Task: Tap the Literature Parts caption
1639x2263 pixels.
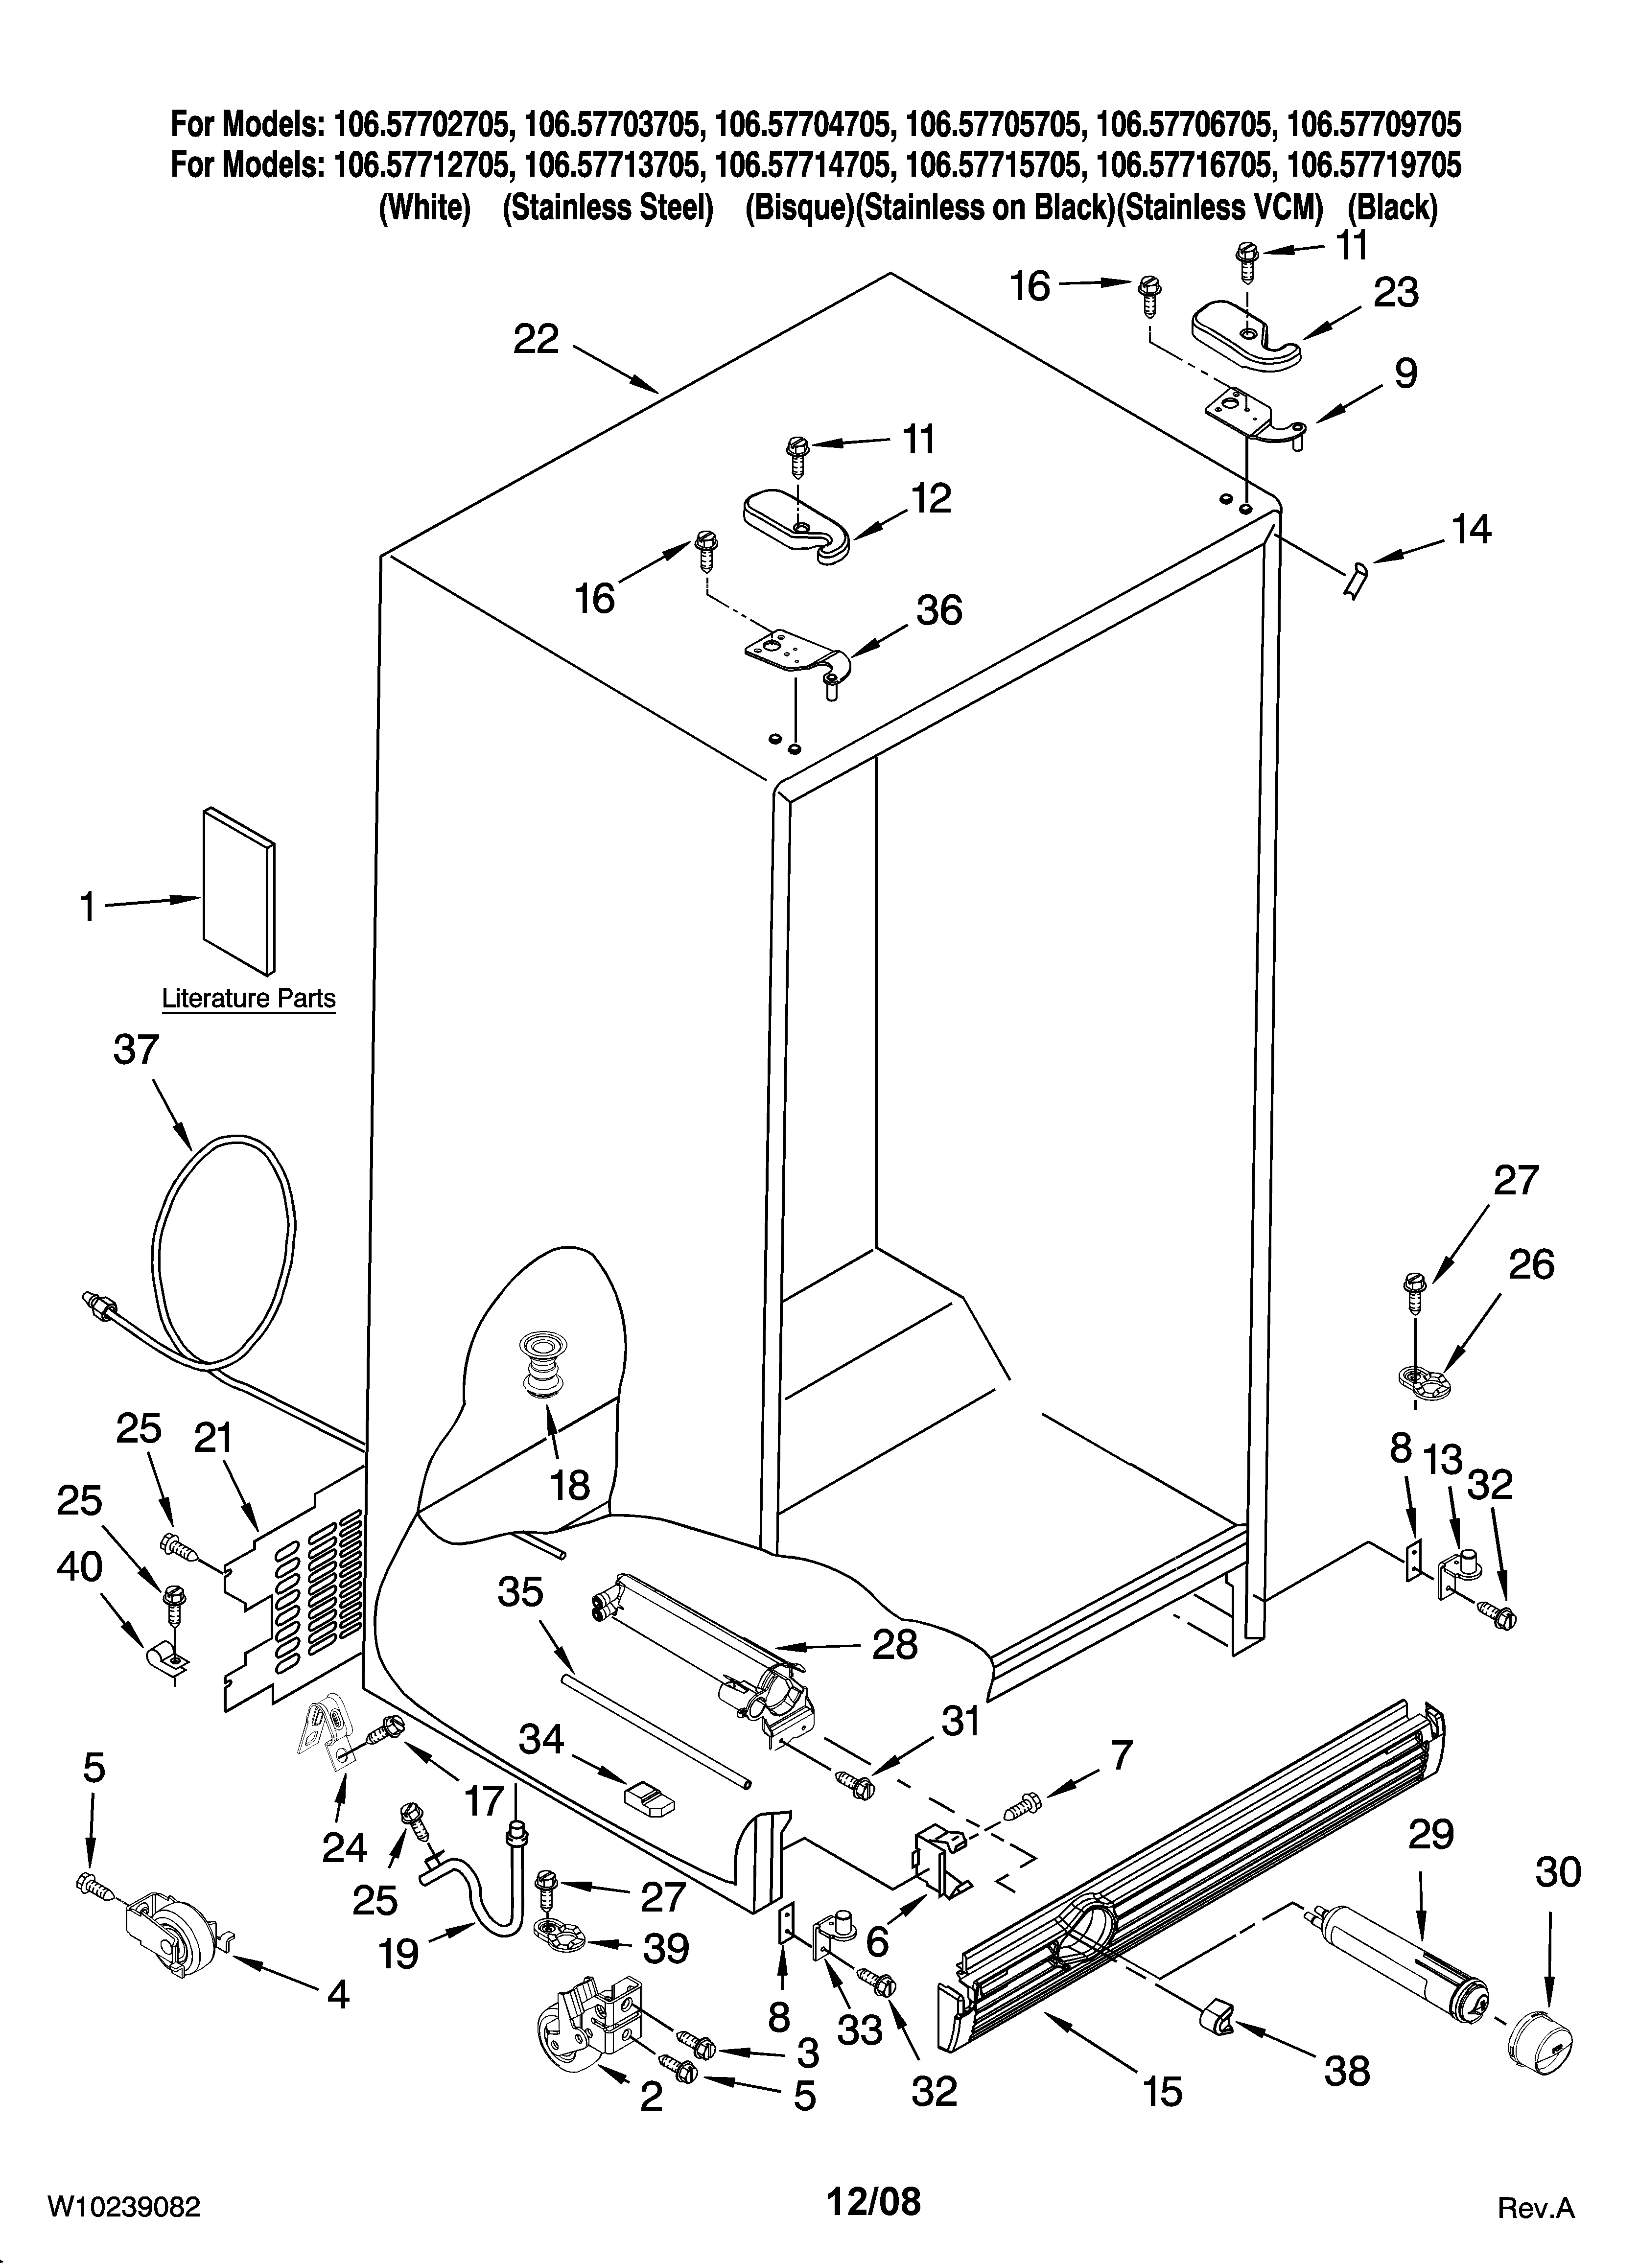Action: coord(249,999)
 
